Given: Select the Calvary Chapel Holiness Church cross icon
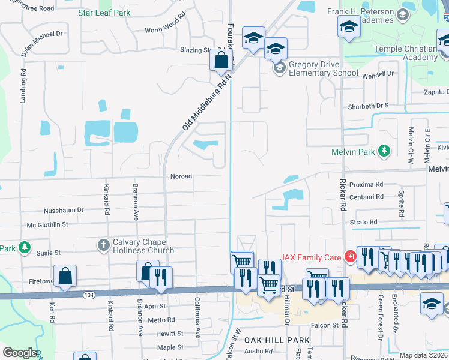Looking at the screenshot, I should click(x=103, y=245).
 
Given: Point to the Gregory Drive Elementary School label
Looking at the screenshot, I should click(x=323, y=68).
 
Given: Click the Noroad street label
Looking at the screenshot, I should click(x=181, y=176).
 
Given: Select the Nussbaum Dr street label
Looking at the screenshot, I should click(x=64, y=211).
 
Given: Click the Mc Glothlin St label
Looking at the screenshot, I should click(x=47, y=224).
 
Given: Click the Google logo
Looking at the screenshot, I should click(x=20, y=352).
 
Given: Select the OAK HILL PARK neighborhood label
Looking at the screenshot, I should click(x=277, y=340).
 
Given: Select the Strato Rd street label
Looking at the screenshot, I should click(x=364, y=222).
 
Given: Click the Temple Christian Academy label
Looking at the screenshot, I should click(x=405, y=53).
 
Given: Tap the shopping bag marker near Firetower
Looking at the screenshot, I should click(x=65, y=277).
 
